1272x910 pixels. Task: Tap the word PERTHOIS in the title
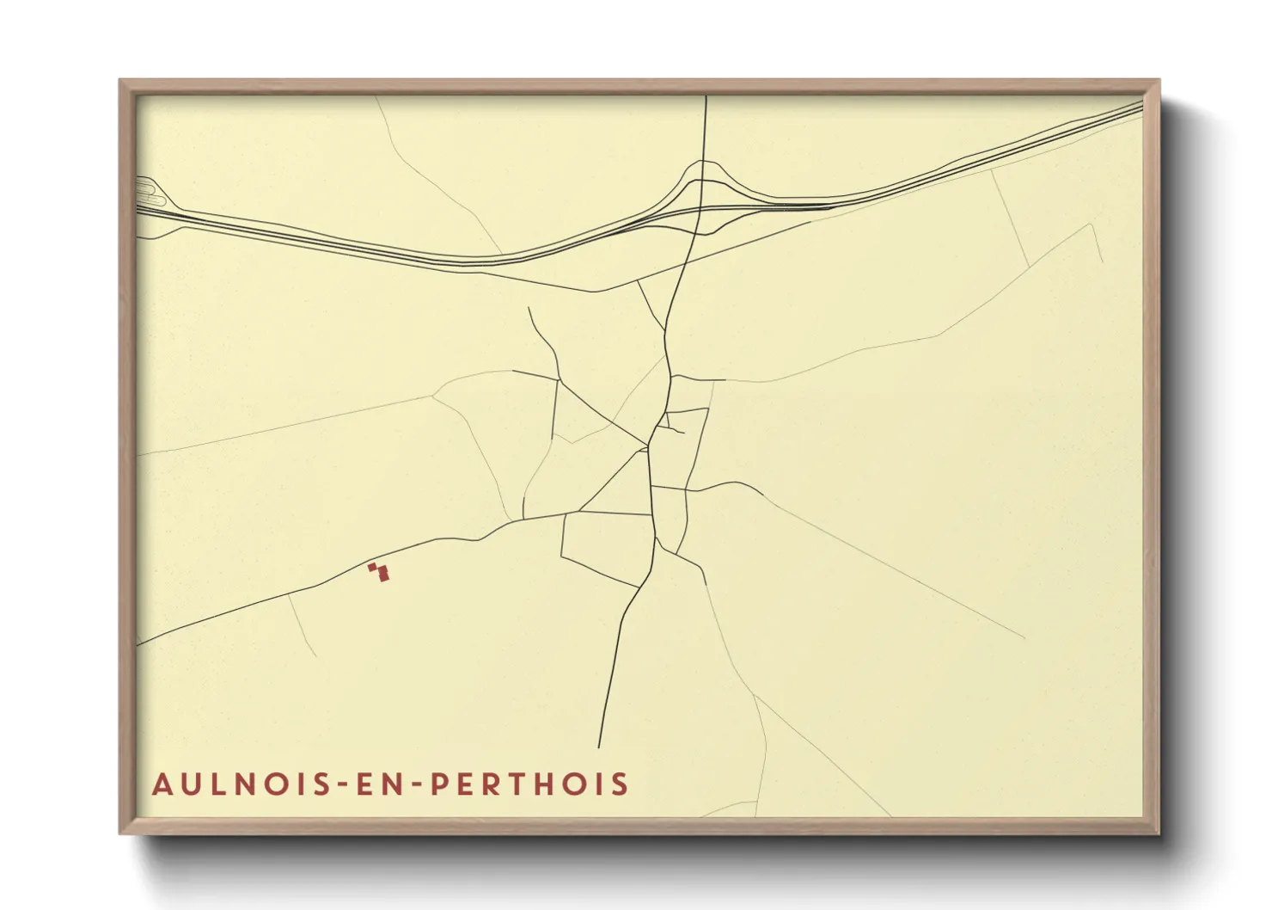click(x=529, y=784)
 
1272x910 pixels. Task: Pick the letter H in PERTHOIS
click(x=548, y=784)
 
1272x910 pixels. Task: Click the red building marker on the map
click(x=378, y=572)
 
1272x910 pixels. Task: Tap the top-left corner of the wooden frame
click(x=121, y=82)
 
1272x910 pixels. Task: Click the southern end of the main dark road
click(x=599, y=746)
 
